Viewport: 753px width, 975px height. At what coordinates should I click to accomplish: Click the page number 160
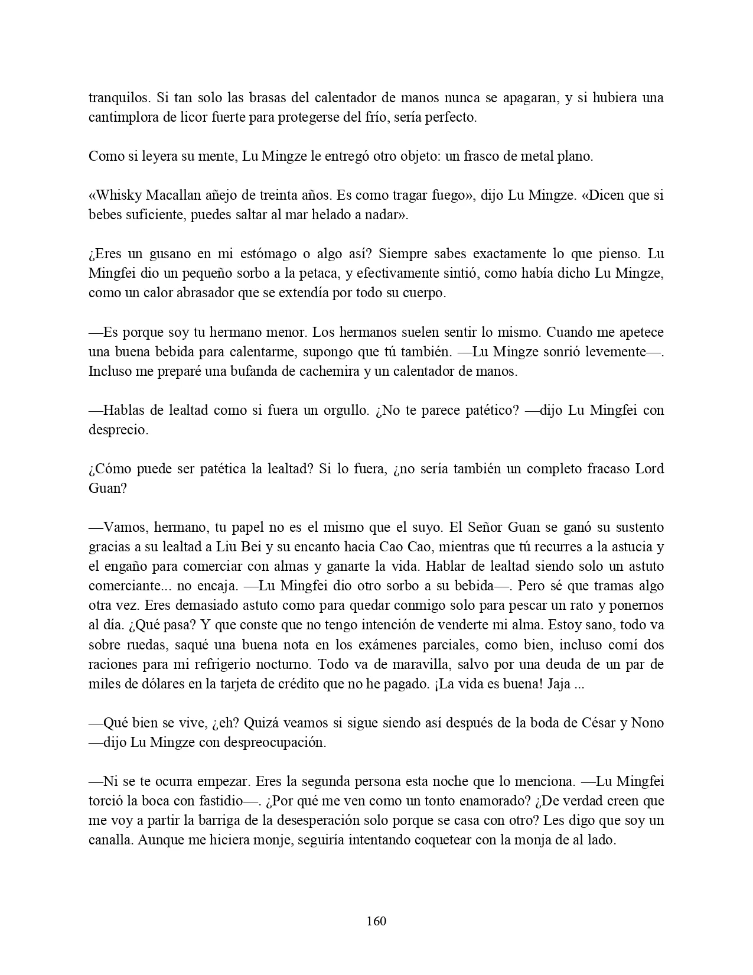click(x=376, y=921)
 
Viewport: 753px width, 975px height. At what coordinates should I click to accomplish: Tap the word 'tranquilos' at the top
click(x=116, y=97)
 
